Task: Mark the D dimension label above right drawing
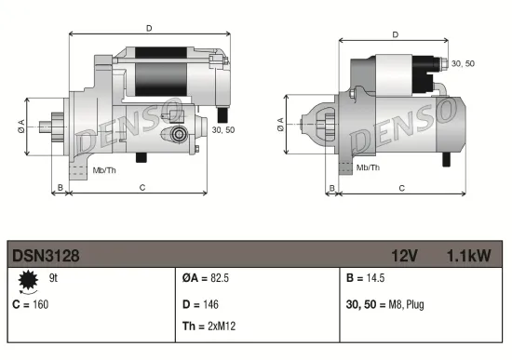pos(396,34)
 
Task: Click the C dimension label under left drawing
pos(141,188)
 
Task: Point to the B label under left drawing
pos(60,188)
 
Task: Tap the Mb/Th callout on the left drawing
pos(104,170)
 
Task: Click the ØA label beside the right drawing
pos(280,124)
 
